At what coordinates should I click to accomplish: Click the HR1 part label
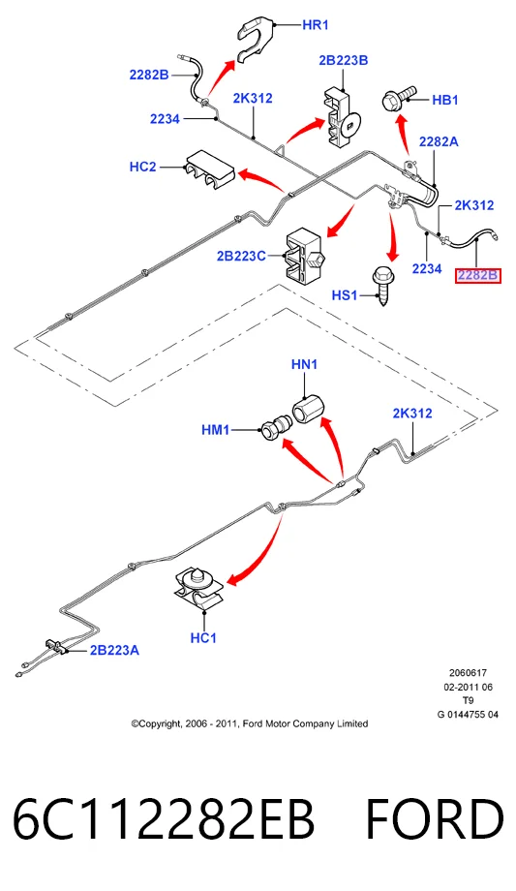point(316,25)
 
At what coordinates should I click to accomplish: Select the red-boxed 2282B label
point(478,276)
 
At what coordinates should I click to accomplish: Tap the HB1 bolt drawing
point(400,99)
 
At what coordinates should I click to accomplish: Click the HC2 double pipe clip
point(207,169)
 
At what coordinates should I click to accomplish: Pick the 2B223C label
point(241,257)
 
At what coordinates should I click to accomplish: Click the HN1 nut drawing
point(308,408)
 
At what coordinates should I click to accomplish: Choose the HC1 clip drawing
point(198,589)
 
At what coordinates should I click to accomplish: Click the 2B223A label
point(114,650)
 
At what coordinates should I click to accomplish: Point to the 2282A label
point(439,142)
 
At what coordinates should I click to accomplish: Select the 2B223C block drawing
point(304,258)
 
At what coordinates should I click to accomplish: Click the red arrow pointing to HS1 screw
point(392,236)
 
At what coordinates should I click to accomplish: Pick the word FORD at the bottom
point(434,820)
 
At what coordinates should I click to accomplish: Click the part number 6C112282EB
point(164,820)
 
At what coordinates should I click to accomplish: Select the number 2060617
point(468,673)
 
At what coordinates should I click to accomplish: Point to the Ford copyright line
point(250,724)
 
